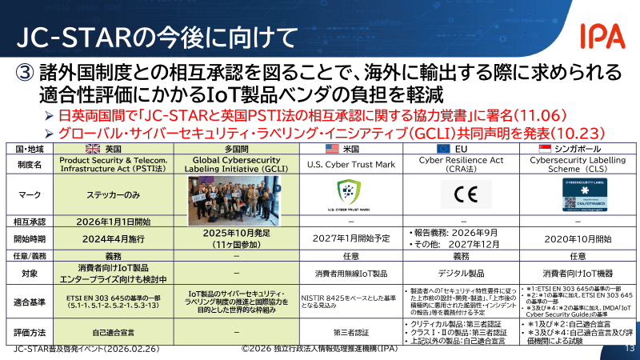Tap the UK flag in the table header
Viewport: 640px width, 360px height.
click(94, 150)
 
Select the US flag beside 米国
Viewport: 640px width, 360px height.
click(330, 150)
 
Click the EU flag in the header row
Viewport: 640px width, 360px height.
click(442, 150)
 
